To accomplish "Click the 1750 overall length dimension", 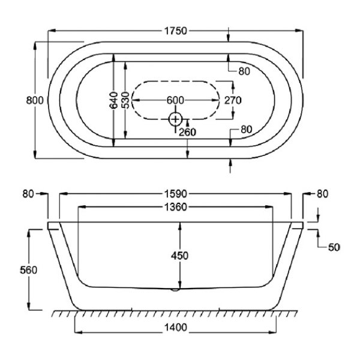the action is [x=176, y=31].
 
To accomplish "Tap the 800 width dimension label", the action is [x=35, y=101].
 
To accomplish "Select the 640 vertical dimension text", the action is [x=113, y=100].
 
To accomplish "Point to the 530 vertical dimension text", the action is [x=125, y=100].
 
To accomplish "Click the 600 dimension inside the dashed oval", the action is [x=175, y=100].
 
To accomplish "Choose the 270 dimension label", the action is [x=233, y=100].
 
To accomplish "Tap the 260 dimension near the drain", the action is [x=187, y=132].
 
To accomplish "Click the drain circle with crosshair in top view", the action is [x=175, y=119].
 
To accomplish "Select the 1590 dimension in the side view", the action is [x=176, y=194].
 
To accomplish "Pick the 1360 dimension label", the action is [x=176, y=208].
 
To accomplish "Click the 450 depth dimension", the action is [x=179, y=256].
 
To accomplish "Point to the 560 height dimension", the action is [x=28, y=270].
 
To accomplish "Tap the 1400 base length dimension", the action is [x=176, y=328].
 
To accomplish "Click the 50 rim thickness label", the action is [x=334, y=247].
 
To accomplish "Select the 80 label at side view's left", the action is [x=28, y=194].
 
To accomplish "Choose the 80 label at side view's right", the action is [x=322, y=194].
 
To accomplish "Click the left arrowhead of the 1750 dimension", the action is [x=52, y=31].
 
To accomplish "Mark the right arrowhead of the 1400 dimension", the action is [x=272, y=332].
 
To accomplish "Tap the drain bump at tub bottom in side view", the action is [x=176, y=290].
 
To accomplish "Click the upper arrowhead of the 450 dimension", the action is [x=180, y=226].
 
